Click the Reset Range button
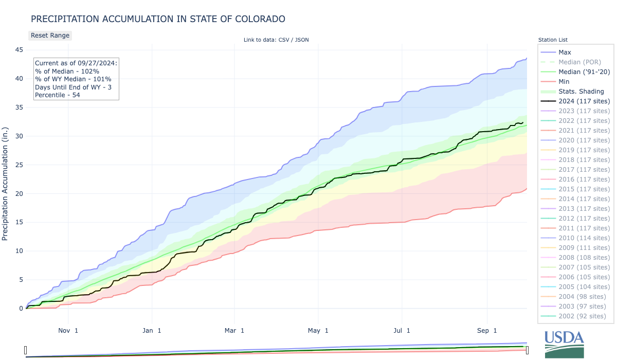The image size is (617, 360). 49,35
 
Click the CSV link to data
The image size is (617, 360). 284,40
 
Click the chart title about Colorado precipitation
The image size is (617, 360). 158,19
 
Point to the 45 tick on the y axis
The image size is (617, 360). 18,50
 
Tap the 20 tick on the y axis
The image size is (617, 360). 18,193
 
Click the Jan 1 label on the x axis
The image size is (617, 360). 152,330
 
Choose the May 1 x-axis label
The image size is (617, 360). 319,330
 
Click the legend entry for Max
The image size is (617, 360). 565,52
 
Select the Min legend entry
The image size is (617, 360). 564,82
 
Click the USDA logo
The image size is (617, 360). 564,344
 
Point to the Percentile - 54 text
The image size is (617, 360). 58,95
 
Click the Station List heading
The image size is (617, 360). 553,40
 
